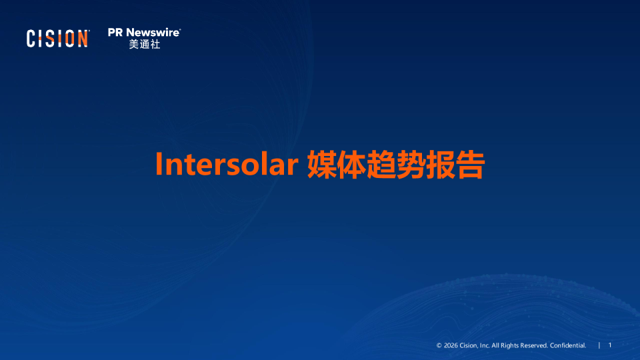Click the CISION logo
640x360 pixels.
click(x=57, y=39)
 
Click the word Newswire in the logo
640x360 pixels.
click(x=153, y=33)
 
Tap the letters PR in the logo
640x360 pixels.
click(x=115, y=33)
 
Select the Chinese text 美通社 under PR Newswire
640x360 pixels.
click(x=145, y=44)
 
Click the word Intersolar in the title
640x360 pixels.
click(x=227, y=164)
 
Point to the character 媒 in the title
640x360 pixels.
click(x=321, y=164)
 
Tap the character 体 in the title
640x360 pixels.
click(x=351, y=164)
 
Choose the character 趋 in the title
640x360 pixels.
click(x=381, y=164)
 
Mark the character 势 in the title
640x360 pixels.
click(x=411, y=164)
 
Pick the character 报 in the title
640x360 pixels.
click(x=441, y=164)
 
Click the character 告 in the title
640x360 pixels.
click(x=471, y=164)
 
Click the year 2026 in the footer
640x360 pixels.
click(x=451, y=345)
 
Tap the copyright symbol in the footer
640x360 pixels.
click(x=439, y=345)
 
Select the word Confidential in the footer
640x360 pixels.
click(x=568, y=345)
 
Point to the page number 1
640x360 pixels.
click(x=610, y=345)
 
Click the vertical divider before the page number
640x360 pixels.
click(x=599, y=345)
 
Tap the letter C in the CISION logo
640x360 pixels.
click(x=31, y=39)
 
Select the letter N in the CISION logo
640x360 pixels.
click(x=83, y=39)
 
